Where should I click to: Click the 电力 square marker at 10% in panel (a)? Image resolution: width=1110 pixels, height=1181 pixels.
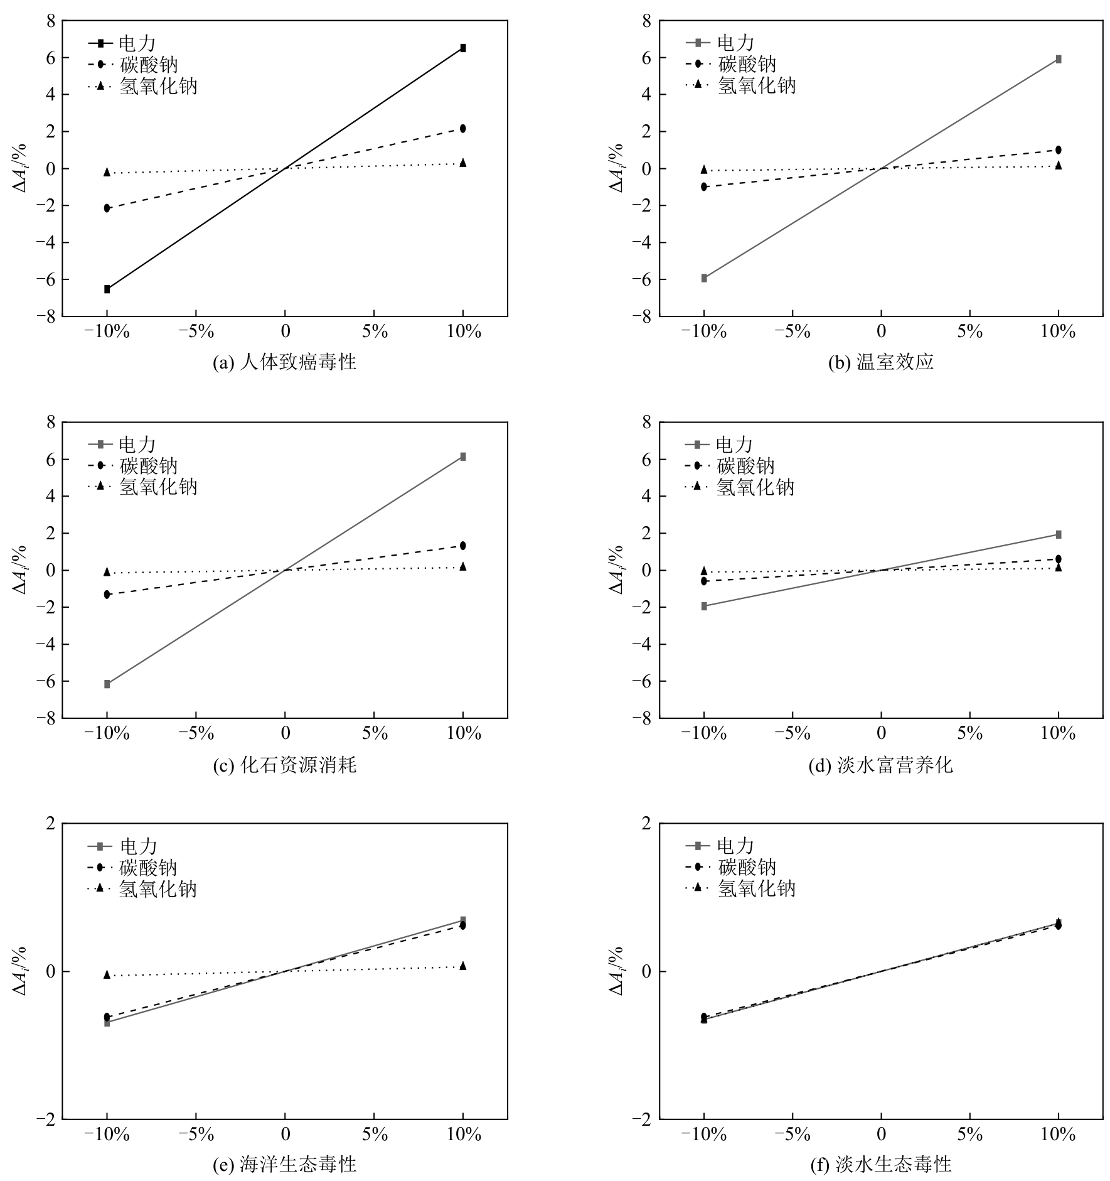463,48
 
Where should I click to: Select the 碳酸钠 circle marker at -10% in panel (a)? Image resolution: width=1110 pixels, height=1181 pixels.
107,208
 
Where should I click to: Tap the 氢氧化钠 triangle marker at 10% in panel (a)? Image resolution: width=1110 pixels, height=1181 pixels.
463,163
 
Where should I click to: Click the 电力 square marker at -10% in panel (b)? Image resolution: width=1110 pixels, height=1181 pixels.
704,278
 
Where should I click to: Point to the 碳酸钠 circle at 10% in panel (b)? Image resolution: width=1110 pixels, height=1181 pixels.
1059,150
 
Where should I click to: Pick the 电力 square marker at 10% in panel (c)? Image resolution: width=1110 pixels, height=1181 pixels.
463,456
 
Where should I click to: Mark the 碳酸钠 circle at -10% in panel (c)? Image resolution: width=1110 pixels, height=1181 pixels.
107,594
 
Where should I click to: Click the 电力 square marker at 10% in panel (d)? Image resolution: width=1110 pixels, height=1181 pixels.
1059,534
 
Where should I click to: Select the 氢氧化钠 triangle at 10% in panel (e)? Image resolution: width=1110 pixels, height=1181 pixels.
463,966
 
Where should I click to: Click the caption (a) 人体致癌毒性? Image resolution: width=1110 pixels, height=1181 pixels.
285,362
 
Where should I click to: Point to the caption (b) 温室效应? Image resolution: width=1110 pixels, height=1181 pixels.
881,362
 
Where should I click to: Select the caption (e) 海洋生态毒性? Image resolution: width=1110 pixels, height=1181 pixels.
285,1165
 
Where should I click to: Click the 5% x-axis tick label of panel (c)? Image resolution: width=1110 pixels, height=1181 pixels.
375,733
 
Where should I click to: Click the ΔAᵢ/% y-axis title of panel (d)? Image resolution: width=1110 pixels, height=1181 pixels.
617,569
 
